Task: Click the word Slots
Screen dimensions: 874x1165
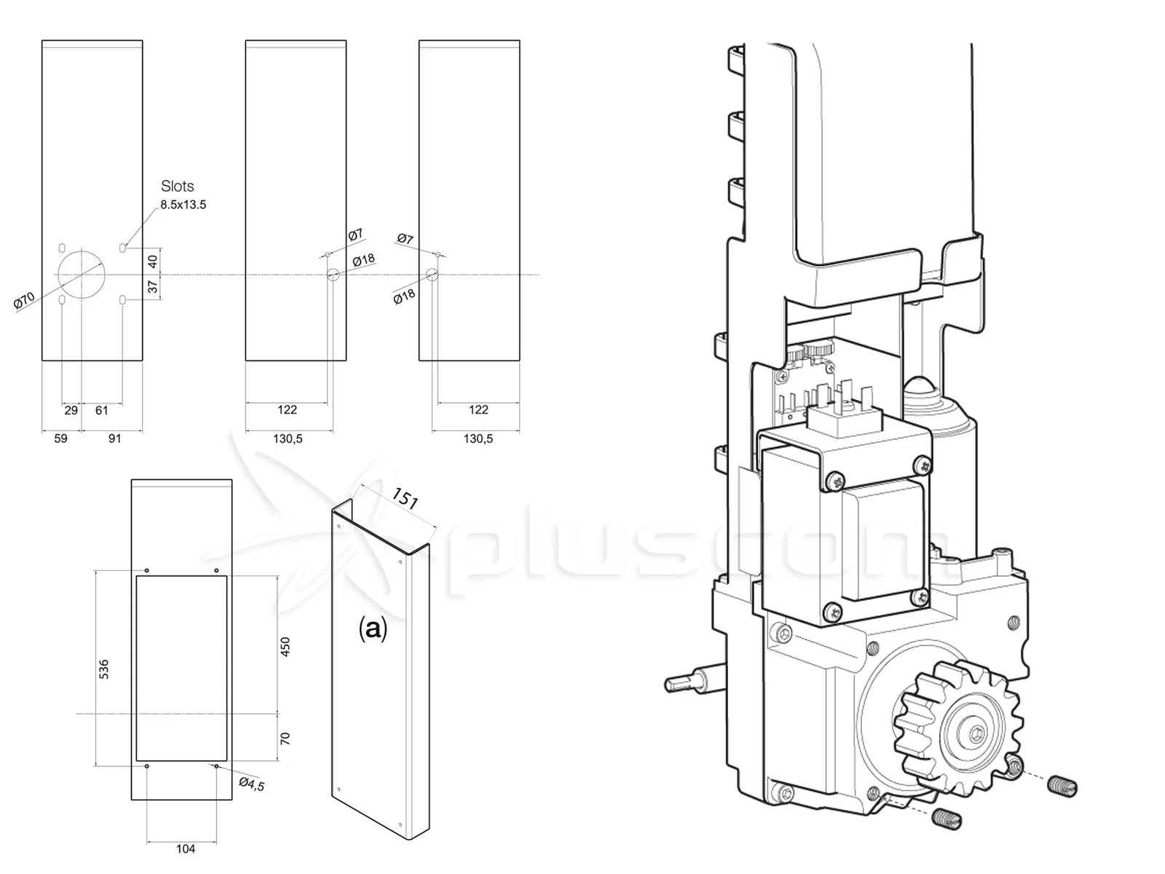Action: (x=178, y=186)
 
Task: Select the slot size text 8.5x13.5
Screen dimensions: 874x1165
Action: (x=183, y=205)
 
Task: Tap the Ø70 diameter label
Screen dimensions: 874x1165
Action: (x=25, y=301)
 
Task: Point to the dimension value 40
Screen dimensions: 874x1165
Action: (x=153, y=261)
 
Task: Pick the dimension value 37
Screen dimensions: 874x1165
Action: (x=153, y=287)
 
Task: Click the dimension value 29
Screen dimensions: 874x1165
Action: (x=71, y=410)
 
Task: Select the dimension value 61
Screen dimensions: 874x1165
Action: (x=102, y=410)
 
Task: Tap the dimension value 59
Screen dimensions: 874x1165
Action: (x=61, y=438)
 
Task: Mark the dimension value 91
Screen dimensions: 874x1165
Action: (x=115, y=438)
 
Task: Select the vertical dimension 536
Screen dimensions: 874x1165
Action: (x=103, y=669)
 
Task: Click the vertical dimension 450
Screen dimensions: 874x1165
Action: (x=285, y=647)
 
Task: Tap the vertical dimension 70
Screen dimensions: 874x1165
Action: (x=285, y=739)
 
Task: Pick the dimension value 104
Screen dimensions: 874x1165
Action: (x=186, y=849)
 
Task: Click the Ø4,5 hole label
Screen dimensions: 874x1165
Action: (x=252, y=785)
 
